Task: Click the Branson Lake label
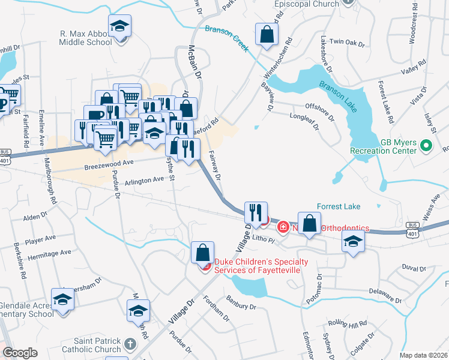[x=340, y=97]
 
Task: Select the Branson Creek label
[x=226, y=38]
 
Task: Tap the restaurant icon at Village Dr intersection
[x=255, y=212]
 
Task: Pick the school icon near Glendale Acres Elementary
[x=62, y=299]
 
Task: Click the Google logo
[x=20, y=353]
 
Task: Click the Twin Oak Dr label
[x=347, y=43]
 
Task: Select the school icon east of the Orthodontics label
[x=353, y=242]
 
